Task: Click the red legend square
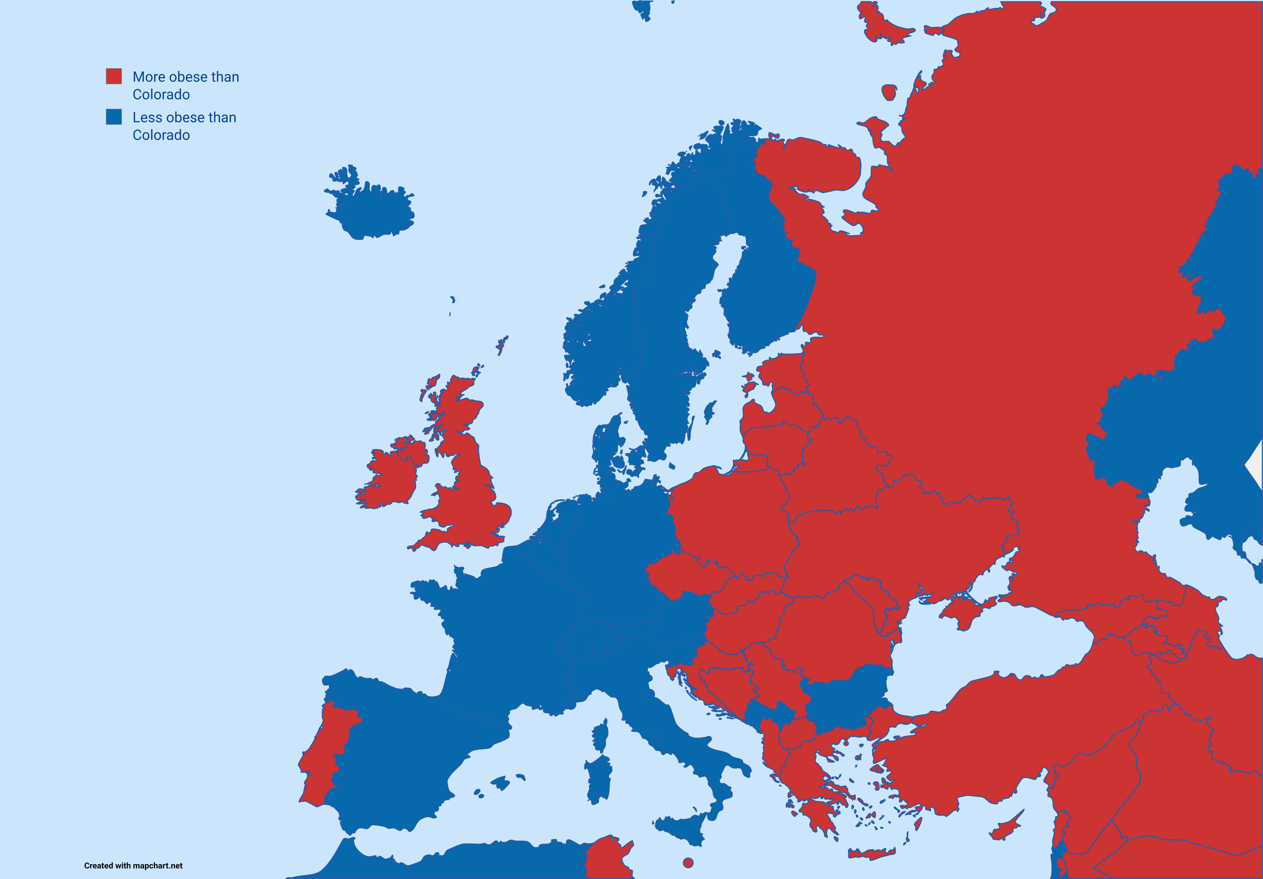click(114, 76)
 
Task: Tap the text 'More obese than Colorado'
click(185, 85)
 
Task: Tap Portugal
click(322, 754)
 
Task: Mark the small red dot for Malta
click(688, 863)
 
